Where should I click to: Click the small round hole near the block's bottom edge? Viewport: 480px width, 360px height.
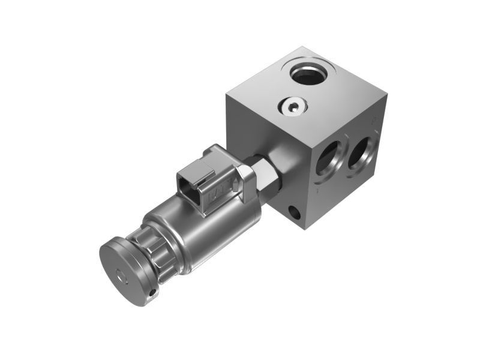pos(294,212)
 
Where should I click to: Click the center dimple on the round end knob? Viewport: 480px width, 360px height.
pos(123,277)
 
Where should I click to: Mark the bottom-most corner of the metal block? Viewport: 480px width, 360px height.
pos(307,229)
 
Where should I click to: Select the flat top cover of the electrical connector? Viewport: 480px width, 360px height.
pos(198,162)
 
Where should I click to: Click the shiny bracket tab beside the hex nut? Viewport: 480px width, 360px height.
pos(246,180)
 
